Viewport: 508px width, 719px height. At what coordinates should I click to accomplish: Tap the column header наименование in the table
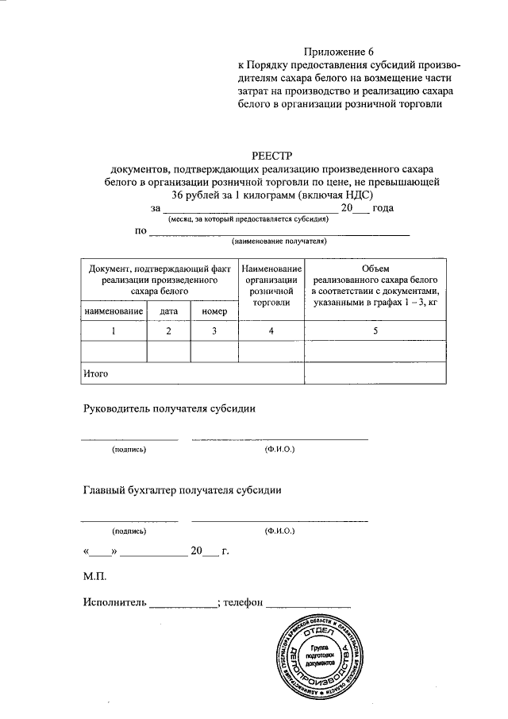tap(114, 311)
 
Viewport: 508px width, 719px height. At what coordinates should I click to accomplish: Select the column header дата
tap(168, 311)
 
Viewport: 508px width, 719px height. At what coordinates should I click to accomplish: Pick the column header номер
tap(214, 311)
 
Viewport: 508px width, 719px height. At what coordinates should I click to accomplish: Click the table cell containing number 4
tap(271, 331)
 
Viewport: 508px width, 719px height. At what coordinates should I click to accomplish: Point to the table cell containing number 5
tap(375, 331)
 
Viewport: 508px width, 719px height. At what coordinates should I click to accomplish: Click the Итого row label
tap(96, 372)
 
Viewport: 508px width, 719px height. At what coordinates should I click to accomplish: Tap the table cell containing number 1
tap(114, 331)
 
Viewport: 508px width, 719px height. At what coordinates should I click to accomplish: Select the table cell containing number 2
tap(168, 331)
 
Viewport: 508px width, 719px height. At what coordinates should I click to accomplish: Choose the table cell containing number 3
tap(214, 331)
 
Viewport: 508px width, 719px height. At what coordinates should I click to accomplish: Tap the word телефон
tap(243, 603)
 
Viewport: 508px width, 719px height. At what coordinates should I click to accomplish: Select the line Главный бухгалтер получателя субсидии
tap(182, 490)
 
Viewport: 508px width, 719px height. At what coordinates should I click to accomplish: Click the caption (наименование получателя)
tap(279, 241)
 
